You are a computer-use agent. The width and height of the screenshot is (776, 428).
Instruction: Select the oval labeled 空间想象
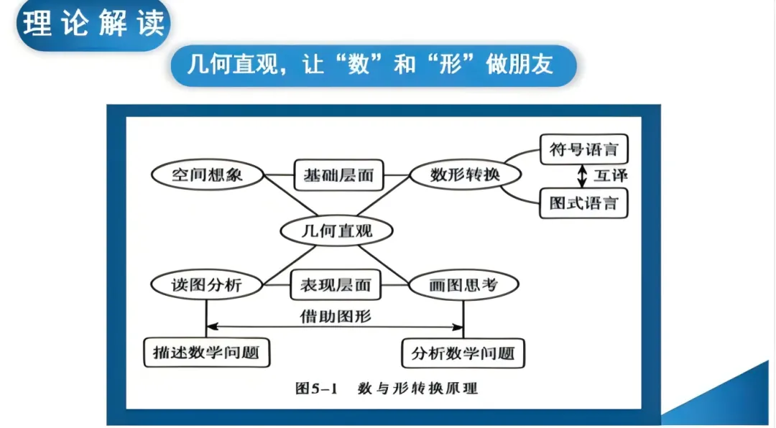pos(208,175)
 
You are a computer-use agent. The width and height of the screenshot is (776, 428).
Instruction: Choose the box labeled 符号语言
pos(583,151)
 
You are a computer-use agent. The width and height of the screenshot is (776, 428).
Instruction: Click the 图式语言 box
pos(583,203)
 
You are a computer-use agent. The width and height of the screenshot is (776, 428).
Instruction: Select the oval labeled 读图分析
pos(206,285)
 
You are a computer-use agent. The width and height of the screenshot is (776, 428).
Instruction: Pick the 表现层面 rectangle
pos(336,285)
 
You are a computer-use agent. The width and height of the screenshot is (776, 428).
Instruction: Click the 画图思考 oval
pos(463,285)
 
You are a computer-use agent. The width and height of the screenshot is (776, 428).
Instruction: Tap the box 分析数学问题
pos(463,353)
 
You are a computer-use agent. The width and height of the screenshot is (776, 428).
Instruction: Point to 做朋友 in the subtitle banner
pos(525,65)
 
